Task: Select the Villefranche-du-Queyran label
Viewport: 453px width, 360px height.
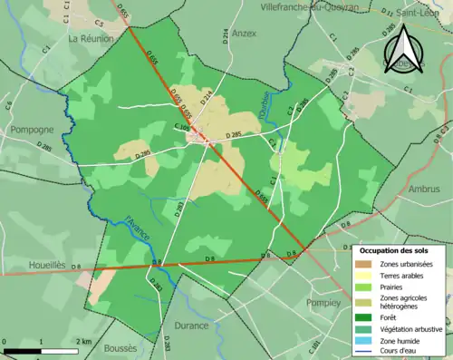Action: coord(308,5)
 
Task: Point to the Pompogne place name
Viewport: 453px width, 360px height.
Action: coord(32,130)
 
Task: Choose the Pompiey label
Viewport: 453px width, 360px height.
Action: coord(322,302)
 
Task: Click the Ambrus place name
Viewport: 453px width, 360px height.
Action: coord(423,190)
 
